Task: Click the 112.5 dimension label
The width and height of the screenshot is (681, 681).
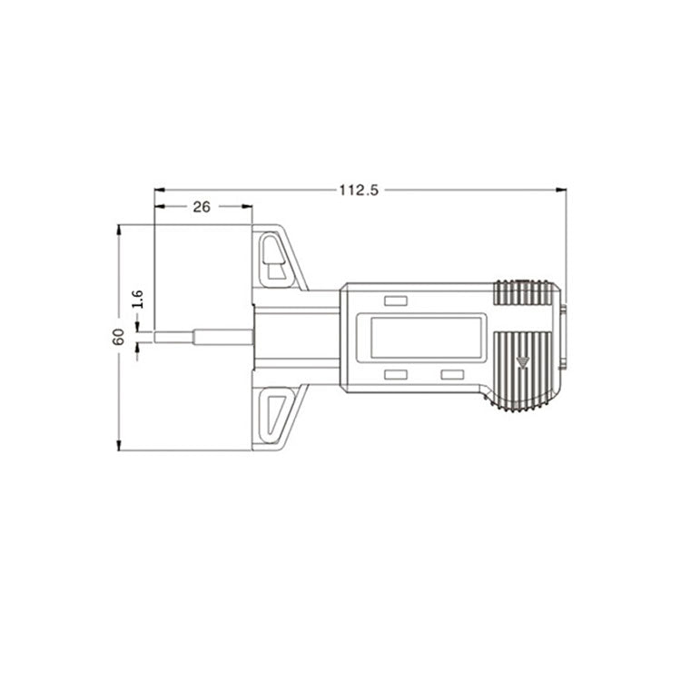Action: point(359,191)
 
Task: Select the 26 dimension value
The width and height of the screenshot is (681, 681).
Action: point(202,207)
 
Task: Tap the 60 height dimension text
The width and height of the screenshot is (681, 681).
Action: point(118,337)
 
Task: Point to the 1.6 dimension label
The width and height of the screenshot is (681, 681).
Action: point(137,299)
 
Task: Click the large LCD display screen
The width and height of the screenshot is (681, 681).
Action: point(426,338)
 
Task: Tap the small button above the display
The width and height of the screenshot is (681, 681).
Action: point(395,301)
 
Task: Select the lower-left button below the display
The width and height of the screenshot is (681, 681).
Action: point(395,374)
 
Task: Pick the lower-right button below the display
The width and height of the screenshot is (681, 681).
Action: point(452,374)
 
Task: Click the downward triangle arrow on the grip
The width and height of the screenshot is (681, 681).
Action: point(522,361)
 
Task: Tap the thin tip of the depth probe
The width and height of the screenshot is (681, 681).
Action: point(173,337)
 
